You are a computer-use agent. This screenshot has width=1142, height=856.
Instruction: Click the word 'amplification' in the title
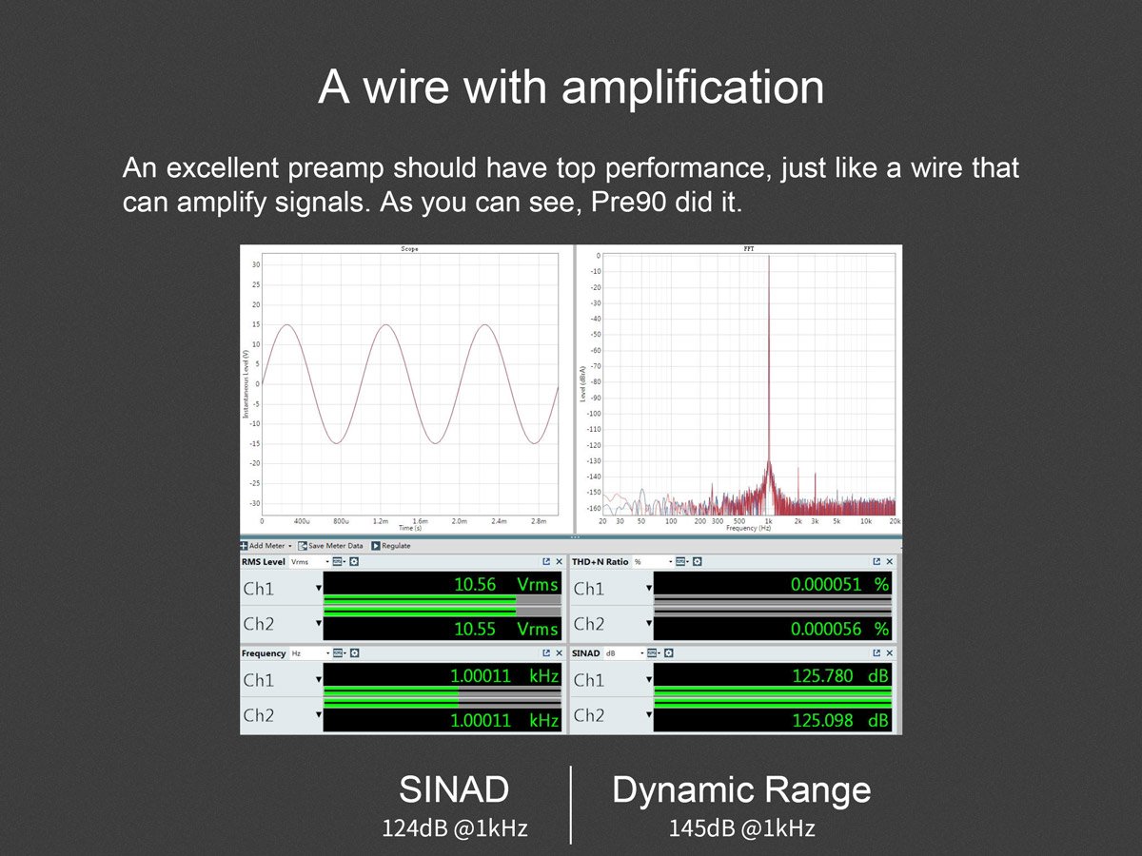point(693,88)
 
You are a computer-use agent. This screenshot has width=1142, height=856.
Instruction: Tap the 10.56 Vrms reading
point(505,585)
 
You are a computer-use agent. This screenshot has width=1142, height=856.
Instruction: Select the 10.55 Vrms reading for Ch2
point(505,629)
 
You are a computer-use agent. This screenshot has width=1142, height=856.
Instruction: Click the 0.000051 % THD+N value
point(838,585)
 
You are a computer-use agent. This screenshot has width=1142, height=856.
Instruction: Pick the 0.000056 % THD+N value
point(838,629)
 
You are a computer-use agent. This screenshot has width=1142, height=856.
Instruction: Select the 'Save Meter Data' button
point(330,546)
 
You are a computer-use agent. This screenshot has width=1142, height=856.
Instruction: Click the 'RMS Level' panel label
point(263,562)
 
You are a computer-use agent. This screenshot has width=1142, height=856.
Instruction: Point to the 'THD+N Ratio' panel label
point(600,562)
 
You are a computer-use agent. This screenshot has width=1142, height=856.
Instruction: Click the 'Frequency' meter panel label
point(264,653)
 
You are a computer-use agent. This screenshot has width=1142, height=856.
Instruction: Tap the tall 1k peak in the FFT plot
point(769,380)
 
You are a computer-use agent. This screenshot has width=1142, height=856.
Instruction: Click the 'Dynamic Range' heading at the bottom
point(741,790)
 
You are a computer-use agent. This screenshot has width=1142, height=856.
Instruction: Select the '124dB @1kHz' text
point(455,828)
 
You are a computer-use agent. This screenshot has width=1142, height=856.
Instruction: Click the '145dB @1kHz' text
point(741,828)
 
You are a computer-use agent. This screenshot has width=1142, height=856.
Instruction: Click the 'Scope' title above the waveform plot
point(408,249)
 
